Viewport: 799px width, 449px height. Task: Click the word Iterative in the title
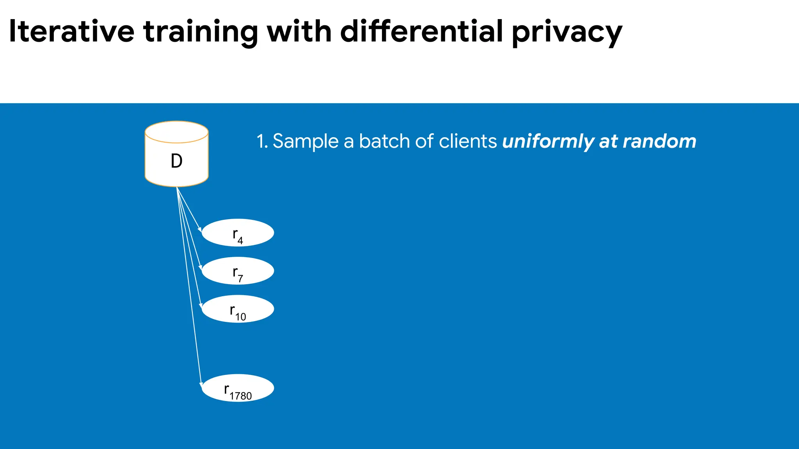point(71,31)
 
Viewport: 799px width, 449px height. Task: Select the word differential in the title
point(421,31)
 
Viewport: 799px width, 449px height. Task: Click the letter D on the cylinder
point(176,161)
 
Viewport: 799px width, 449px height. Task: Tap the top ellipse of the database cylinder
point(176,132)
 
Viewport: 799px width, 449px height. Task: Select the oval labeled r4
point(238,233)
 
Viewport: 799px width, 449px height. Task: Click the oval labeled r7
point(238,270)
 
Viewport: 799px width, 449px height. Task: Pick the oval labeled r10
point(238,309)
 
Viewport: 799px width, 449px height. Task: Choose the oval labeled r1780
point(238,388)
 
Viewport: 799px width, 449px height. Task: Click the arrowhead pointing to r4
point(200,230)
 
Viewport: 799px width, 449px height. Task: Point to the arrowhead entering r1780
point(201,385)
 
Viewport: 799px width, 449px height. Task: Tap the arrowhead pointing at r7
point(201,268)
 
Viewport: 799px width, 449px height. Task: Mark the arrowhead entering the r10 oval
point(201,306)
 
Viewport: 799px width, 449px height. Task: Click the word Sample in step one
point(305,141)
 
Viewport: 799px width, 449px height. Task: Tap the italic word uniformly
point(548,141)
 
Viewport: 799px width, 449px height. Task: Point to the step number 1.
point(261,141)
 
